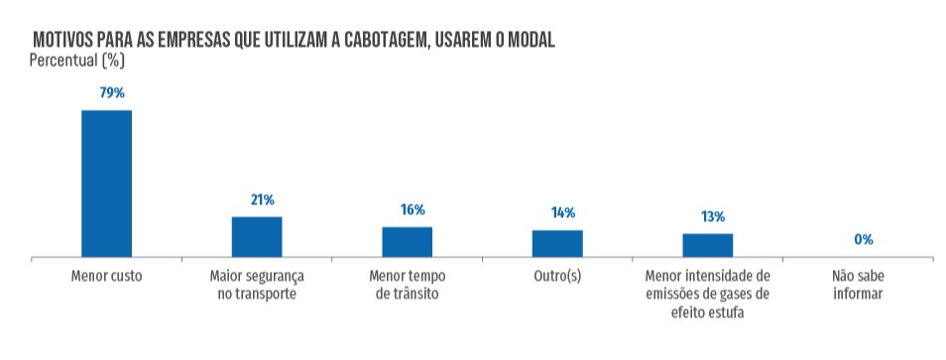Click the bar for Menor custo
[106, 183]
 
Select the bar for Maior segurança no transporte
[257, 237]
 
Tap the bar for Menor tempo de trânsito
[408, 242]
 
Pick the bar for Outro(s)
[557, 244]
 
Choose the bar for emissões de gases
[707, 246]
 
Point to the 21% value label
[262, 200]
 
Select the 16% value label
[413, 210]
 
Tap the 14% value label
[562, 213]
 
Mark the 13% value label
[712, 217]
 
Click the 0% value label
[863, 240]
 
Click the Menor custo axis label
[107, 276]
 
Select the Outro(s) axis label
[557, 276]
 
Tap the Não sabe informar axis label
[858, 285]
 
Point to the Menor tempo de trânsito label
[408, 285]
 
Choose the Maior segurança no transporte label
[257, 285]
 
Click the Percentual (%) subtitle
[76, 60]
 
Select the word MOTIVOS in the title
[64, 41]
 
